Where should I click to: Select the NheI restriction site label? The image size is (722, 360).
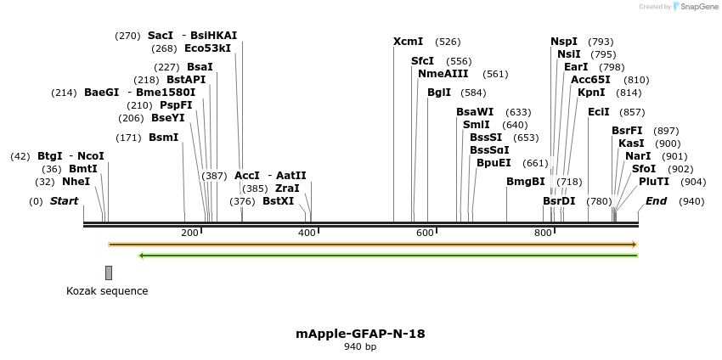tap(76, 182)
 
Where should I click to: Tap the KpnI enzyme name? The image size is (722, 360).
tap(591, 93)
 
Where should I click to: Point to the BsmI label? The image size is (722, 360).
tap(164, 138)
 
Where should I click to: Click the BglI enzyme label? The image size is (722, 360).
tap(439, 93)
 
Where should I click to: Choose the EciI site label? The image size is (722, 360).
tap(598, 112)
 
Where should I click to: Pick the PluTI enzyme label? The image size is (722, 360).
tap(654, 182)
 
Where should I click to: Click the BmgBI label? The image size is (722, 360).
tap(525, 182)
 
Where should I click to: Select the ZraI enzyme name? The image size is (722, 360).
tap(287, 188)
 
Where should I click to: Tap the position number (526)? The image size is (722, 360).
tap(448, 42)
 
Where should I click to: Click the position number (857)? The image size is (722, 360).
tap(632, 112)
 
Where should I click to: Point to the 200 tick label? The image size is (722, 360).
tap(189, 233)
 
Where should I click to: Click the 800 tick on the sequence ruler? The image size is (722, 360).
tap(543, 233)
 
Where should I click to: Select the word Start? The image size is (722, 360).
tap(64, 201)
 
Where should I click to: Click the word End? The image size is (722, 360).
tap(656, 201)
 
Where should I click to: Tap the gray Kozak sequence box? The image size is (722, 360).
tap(109, 273)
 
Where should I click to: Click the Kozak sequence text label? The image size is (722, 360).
tap(107, 291)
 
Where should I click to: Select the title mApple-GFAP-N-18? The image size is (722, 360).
tap(360, 334)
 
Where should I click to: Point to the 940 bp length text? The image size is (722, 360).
tap(360, 347)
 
